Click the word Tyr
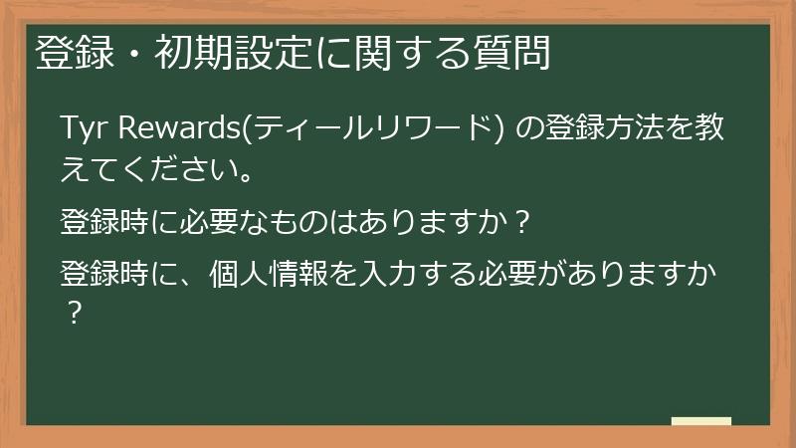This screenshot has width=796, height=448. click(x=83, y=129)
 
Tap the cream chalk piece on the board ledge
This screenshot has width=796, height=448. click(x=700, y=421)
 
